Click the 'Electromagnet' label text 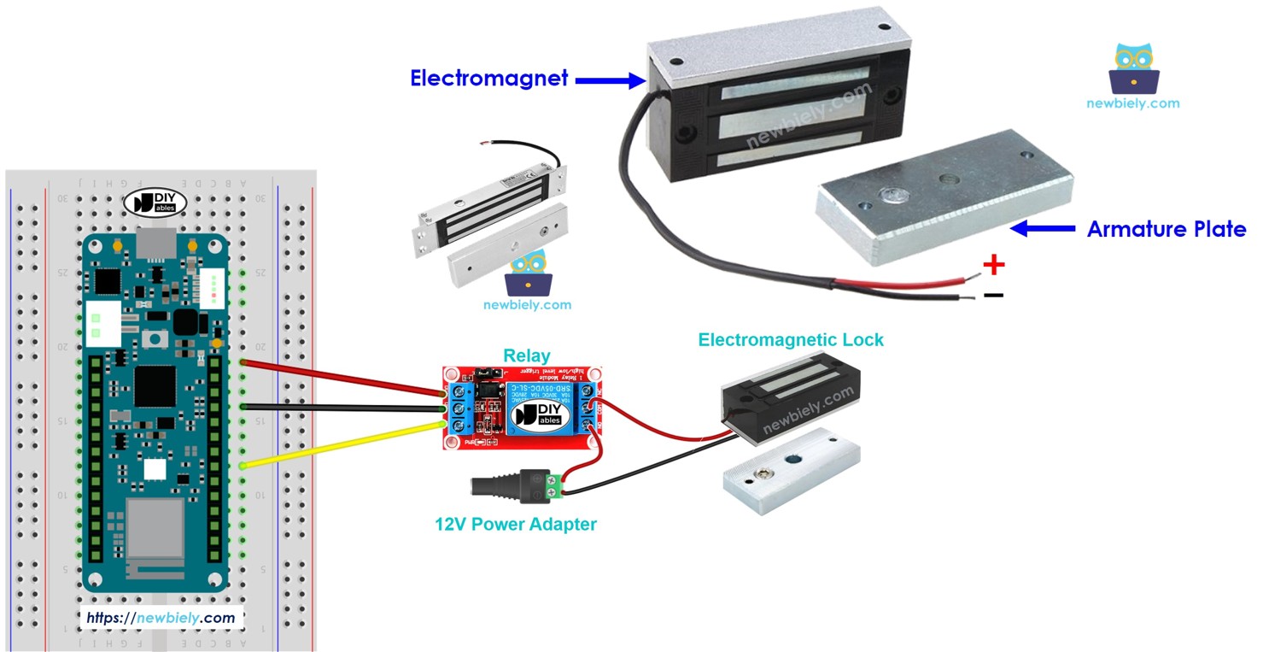point(488,79)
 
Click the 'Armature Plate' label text point(1166,229)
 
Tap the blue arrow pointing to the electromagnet point(610,80)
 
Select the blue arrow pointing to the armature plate point(1042,228)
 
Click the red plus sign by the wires point(993,265)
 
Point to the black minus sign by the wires point(993,296)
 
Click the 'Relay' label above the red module point(527,355)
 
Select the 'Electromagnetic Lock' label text point(790,340)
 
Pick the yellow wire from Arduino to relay point(342,444)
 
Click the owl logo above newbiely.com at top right point(1133,68)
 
